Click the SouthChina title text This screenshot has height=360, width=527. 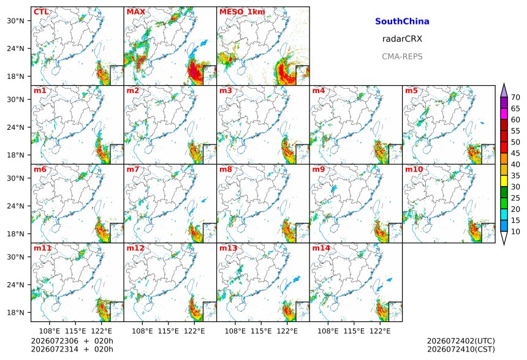(x=402, y=21)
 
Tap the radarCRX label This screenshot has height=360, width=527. (x=402, y=39)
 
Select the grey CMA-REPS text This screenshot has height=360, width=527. (x=402, y=56)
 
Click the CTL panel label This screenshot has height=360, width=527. (x=41, y=12)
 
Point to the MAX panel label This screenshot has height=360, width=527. (x=136, y=12)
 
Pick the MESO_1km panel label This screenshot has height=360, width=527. (x=242, y=12)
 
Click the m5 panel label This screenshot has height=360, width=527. (x=411, y=91)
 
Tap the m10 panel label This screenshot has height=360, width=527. (x=414, y=169)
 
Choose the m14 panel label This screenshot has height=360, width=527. (x=321, y=248)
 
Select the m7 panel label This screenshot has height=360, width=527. (x=133, y=169)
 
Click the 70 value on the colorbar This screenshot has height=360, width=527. (x=515, y=97)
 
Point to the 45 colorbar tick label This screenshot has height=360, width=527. (x=515, y=154)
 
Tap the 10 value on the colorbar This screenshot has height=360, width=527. (x=515, y=231)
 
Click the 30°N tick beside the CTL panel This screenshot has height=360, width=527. (x=15, y=21)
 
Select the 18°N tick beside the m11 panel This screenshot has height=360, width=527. (x=15, y=313)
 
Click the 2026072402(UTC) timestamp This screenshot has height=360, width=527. (x=461, y=341)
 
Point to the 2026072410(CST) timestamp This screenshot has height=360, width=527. (x=461, y=350)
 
